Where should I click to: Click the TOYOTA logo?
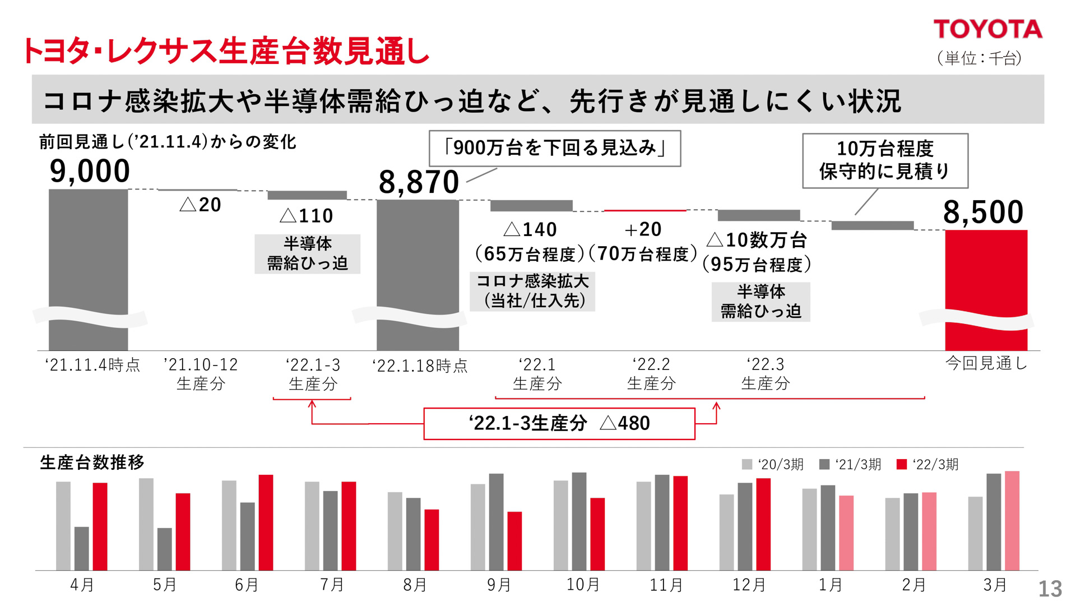tap(987, 29)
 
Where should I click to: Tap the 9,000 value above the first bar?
tap(90, 171)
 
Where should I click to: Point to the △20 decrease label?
tap(201, 205)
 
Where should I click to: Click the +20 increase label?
tap(643, 229)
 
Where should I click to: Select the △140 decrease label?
tap(530, 229)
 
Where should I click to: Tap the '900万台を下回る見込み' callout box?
tap(555, 149)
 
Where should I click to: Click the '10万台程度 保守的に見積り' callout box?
tap(885, 160)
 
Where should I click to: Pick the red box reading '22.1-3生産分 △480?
tap(559, 423)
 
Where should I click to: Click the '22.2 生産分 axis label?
tap(651, 374)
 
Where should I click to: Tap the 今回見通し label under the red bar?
tap(986, 363)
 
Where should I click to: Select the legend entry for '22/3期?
tap(927, 464)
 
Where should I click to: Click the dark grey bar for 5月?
tap(164, 549)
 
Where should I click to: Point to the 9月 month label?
tap(498, 585)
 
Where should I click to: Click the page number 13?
tap(1050, 589)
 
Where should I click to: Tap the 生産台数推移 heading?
tap(92, 462)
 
